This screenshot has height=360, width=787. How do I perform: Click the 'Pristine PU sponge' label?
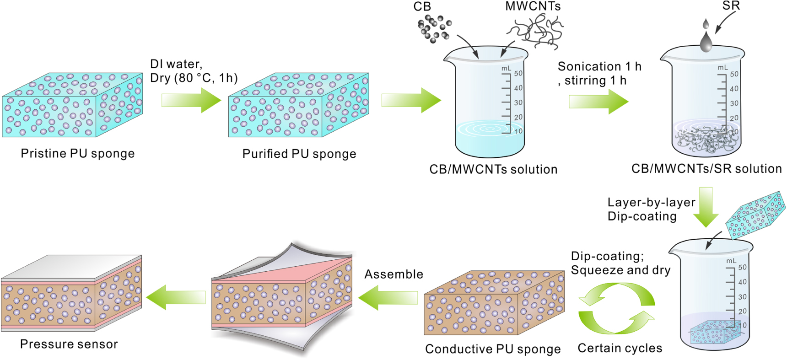(x=78, y=153)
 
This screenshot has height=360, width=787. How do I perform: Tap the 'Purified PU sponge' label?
(x=299, y=154)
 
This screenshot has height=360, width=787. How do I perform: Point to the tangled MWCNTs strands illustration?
(x=535, y=31)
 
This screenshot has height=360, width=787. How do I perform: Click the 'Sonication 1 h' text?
(x=599, y=67)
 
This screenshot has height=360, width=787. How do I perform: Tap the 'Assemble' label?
(x=393, y=274)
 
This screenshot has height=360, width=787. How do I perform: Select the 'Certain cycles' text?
(x=620, y=348)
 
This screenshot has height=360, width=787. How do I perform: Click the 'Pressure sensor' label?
(x=69, y=344)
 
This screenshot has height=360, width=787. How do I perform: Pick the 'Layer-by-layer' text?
(x=651, y=203)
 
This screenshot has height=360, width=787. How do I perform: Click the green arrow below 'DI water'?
(x=191, y=100)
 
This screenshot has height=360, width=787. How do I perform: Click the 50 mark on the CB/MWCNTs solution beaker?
(x=518, y=74)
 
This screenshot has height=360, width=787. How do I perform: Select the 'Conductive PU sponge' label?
(x=493, y=349)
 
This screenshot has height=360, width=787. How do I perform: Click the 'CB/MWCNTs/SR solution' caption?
(x=706, y=169)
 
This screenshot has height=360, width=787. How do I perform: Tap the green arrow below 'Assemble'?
(x=388, y=298)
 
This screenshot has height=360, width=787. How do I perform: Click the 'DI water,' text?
(x=176, y=64)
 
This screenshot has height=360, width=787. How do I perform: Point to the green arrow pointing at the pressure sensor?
(x=176, y=297)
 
